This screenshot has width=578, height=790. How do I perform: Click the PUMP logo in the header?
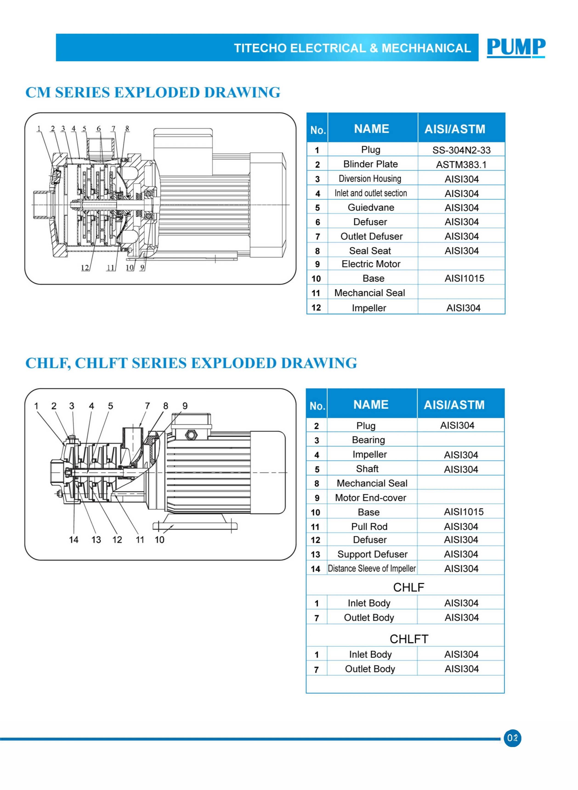tap(516, 47)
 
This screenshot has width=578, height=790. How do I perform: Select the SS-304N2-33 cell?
tap(461, 150)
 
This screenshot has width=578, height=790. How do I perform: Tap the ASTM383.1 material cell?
tap(461, 165)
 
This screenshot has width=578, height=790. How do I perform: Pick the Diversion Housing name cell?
tap(370, 179)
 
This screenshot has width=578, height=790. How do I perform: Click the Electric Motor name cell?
tap(371, 264)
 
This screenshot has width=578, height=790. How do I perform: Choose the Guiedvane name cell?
tap(371, 208)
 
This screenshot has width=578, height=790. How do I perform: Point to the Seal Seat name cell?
tap(370, 251)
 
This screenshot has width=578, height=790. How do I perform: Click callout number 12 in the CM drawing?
tap(85, 268)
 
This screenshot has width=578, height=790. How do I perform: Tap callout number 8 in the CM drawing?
tap(127, 128)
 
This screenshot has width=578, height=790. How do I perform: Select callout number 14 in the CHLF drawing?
tap(74, 539)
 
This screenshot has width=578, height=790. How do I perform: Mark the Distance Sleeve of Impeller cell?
tap(371, 568)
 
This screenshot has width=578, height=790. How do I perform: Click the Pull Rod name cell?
tap(369, 526)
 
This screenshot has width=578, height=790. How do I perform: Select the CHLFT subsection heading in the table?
tap(409, 639)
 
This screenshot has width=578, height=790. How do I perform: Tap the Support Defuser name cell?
tap(372, 554)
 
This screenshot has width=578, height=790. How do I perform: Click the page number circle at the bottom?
tap(512, 738)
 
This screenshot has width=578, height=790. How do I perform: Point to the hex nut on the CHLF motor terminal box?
tap(191, 435)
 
